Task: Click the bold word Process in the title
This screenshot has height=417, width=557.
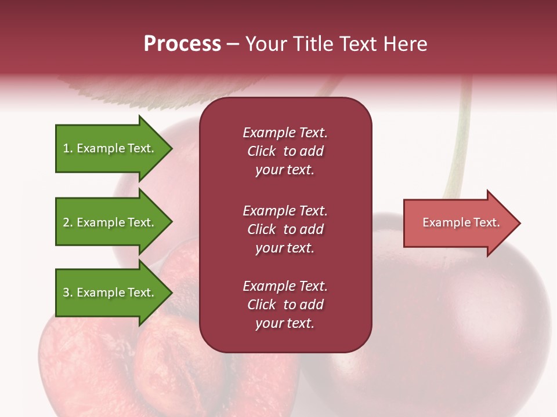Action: click(x=182, y=44)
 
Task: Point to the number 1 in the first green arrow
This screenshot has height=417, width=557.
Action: click(x=66, y=148)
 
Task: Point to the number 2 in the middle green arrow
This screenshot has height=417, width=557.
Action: click(x=66, y=222)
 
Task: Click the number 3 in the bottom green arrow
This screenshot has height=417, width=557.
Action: click(x=66, y=292)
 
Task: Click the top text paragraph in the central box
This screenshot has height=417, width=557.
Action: click(x=285, y=151)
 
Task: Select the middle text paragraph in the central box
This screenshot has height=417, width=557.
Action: click(x=285, y=229)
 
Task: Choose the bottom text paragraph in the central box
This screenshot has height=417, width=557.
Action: click(x=285, y=305)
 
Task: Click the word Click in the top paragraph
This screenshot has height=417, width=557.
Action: click(x=261, y=151)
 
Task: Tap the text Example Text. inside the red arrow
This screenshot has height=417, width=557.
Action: click(x=461, y=222)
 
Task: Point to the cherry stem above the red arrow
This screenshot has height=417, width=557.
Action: click(x=458, y=151)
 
